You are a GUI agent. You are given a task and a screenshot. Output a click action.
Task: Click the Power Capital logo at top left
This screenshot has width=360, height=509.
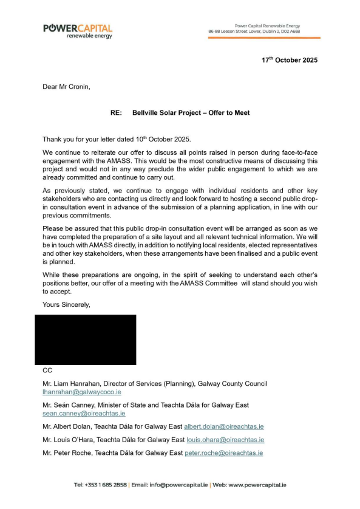(77, 31)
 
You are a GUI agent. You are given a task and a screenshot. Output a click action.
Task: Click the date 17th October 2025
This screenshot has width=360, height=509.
(289, 60)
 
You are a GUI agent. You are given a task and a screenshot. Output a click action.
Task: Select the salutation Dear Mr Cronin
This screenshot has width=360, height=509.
(66, 87)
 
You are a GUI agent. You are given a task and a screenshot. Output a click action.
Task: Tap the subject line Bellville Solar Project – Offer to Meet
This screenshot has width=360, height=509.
(191, 113)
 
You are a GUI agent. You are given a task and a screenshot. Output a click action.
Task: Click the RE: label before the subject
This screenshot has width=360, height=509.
(116, 113)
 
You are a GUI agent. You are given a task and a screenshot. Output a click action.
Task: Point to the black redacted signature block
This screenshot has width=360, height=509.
(85, 340)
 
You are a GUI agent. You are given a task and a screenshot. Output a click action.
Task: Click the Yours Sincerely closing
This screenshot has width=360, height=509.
(66, 304)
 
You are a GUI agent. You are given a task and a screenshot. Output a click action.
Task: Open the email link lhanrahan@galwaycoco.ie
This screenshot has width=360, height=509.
(81, 392)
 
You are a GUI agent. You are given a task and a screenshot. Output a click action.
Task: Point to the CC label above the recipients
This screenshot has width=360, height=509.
(47, 370)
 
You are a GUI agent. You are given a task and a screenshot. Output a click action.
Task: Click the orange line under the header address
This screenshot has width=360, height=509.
(264, 38)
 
